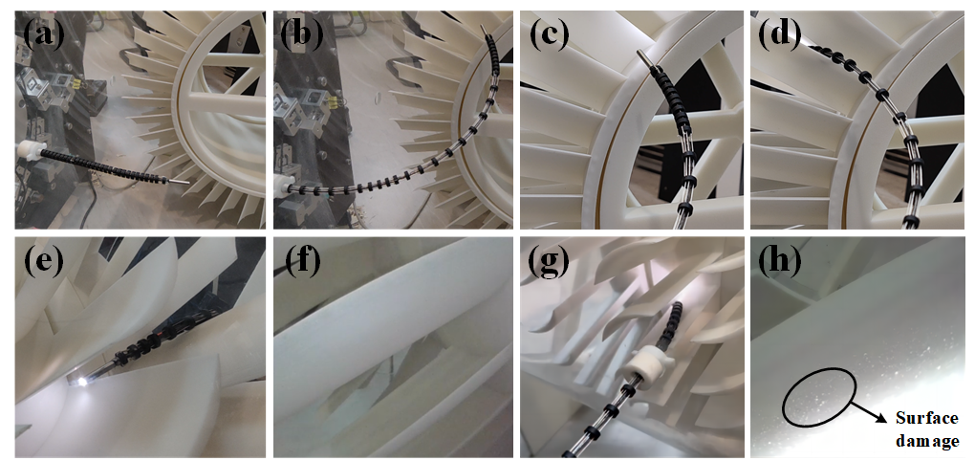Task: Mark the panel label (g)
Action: (549, 262)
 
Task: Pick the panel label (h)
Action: (779, 262)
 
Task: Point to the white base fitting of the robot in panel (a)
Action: (32, 150)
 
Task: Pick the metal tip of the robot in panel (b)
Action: (485, 30)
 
